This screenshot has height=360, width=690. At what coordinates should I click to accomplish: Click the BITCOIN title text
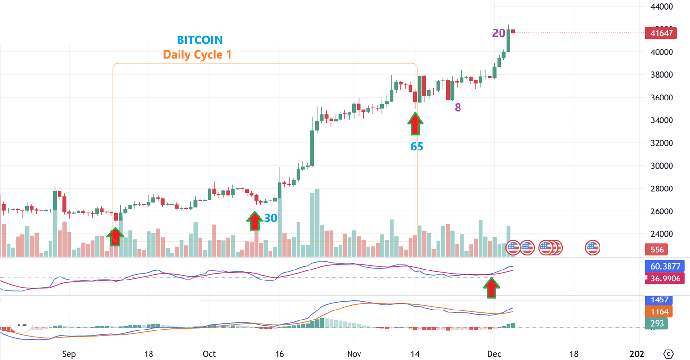[x=200, y=40]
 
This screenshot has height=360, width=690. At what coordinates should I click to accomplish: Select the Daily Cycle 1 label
[x=197, y=55]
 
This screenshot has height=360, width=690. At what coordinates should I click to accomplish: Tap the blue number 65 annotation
[x=417, y=147]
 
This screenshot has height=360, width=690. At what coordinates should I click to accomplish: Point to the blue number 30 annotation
[x=270, y=218]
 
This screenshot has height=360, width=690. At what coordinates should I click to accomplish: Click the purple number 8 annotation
[x=458, y=108]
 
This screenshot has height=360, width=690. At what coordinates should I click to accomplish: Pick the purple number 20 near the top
[x=498, y=33]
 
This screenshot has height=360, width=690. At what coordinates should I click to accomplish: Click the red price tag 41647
[x=660, y=33]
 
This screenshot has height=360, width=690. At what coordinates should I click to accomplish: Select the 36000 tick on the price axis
[x=661, y=98]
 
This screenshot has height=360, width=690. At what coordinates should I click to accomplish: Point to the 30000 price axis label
[x=661, y=166]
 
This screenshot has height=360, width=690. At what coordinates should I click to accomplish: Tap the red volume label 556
[x=657, y=250]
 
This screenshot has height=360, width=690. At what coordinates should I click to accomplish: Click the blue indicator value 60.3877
[x=664, y=266]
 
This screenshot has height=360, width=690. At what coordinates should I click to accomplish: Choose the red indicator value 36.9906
[x=664, y=278]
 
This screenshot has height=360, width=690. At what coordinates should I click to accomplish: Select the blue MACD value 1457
[x=657, y=300]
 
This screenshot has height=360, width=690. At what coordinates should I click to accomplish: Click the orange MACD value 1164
[x=657, y=312]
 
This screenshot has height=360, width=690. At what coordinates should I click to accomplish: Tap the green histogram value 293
[x=657, y=323]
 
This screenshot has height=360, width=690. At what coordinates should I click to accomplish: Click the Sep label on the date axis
[x=69, y=354]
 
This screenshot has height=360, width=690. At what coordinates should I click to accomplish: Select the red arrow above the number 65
[x=415, y=123]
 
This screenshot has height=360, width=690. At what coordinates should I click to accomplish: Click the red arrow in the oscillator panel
[x=491, y=287]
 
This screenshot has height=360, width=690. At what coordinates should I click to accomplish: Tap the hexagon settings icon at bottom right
[x=669, y=354]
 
